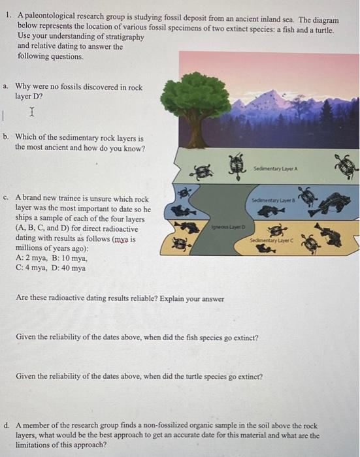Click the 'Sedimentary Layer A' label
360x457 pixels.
click(276, 168)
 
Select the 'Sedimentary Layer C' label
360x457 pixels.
click(271, 240)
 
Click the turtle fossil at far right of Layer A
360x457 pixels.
click(346, 166)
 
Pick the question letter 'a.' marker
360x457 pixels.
click(5, 86)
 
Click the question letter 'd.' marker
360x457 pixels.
click(7, 425)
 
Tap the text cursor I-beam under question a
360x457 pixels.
click(32, 112)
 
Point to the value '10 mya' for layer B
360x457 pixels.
click(74, 258)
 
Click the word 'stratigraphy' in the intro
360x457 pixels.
click(125, 37)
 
